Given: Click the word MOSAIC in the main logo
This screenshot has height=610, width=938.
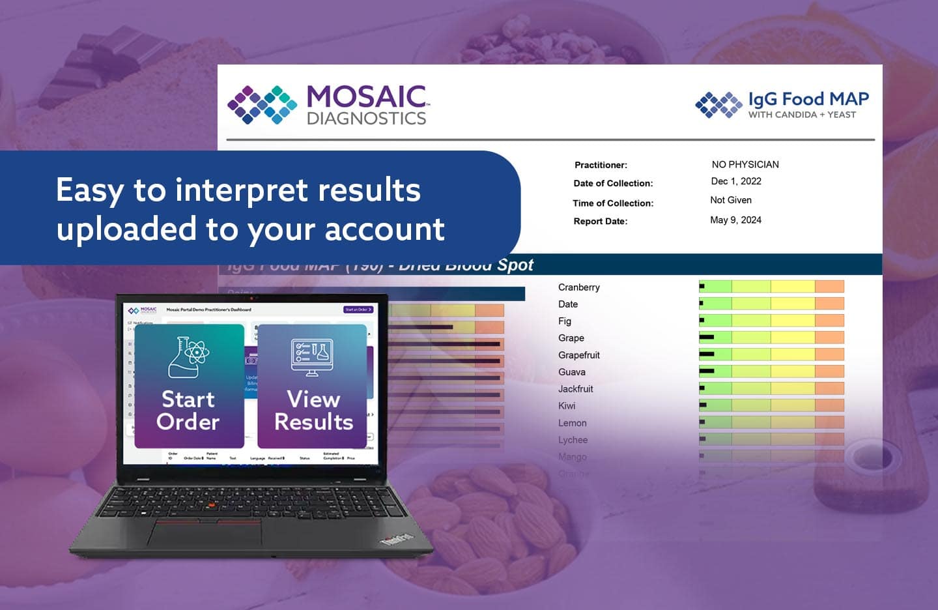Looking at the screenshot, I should click(367, 97).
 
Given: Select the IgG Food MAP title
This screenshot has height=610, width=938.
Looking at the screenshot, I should click(808, 99).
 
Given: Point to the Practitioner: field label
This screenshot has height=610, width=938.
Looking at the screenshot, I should click(601, 166).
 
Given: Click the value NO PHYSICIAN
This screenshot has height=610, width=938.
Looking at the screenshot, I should click(745, 165).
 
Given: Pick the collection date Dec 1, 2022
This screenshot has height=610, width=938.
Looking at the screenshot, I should click(735, 182).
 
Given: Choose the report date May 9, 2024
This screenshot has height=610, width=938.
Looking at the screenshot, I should click(735, 220).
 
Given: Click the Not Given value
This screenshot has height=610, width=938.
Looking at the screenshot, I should click(730, 201).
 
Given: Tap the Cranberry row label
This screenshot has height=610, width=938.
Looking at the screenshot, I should click(578, 287).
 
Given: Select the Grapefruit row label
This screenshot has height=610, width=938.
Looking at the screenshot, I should click(578, 355).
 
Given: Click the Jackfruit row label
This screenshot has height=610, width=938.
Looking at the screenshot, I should click(575, 389).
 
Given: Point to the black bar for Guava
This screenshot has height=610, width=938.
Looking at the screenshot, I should click(707, 371).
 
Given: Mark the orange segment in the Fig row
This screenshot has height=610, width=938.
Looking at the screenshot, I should click(829, 321).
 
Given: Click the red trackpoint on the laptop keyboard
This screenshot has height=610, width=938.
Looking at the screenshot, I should click(210, 506).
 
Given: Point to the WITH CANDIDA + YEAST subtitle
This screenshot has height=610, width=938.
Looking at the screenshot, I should click(801, 115).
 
